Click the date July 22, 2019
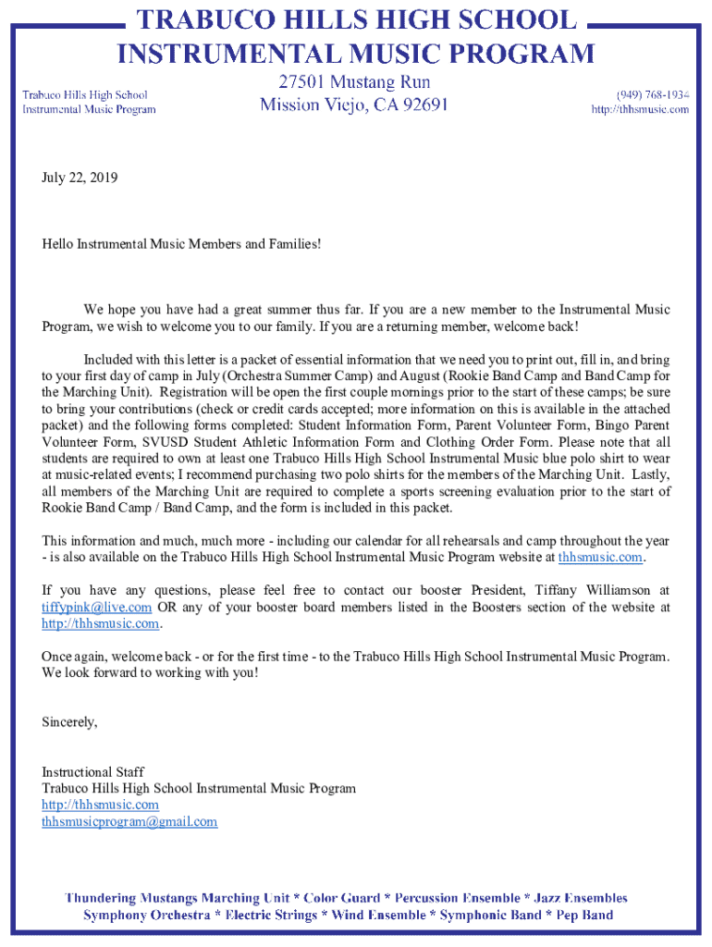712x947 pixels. click(x=80, y=177)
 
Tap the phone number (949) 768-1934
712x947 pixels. click(x=653, y=94)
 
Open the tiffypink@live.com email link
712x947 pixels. click(x=97, y=607)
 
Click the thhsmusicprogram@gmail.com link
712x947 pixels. click(x=129, y=821)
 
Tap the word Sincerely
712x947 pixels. click(x=69, y=722)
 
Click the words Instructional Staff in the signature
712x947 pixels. click(x=92, y=771)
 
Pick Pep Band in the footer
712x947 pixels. click(x=583, y=915)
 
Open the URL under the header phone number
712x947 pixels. click(x=640, y=109)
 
